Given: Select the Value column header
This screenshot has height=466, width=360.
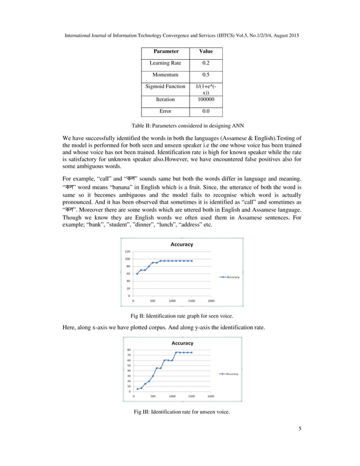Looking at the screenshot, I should tap(206, 52).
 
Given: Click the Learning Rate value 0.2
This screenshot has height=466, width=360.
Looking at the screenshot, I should tap(206, 64).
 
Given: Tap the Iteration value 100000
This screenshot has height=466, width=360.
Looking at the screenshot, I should tap(206, 99).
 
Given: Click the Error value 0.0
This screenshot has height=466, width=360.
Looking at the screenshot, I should tap(206, 111).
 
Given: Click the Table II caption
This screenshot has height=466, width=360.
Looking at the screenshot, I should tap(180, 125).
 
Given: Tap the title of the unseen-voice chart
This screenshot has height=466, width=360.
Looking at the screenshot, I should tap(182, 342).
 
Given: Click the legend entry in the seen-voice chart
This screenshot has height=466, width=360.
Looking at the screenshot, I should tap(231, 277).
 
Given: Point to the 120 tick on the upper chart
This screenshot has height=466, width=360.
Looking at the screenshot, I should tap(127, 252).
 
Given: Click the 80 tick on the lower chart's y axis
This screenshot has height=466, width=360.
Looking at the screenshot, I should tap(129, 350).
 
